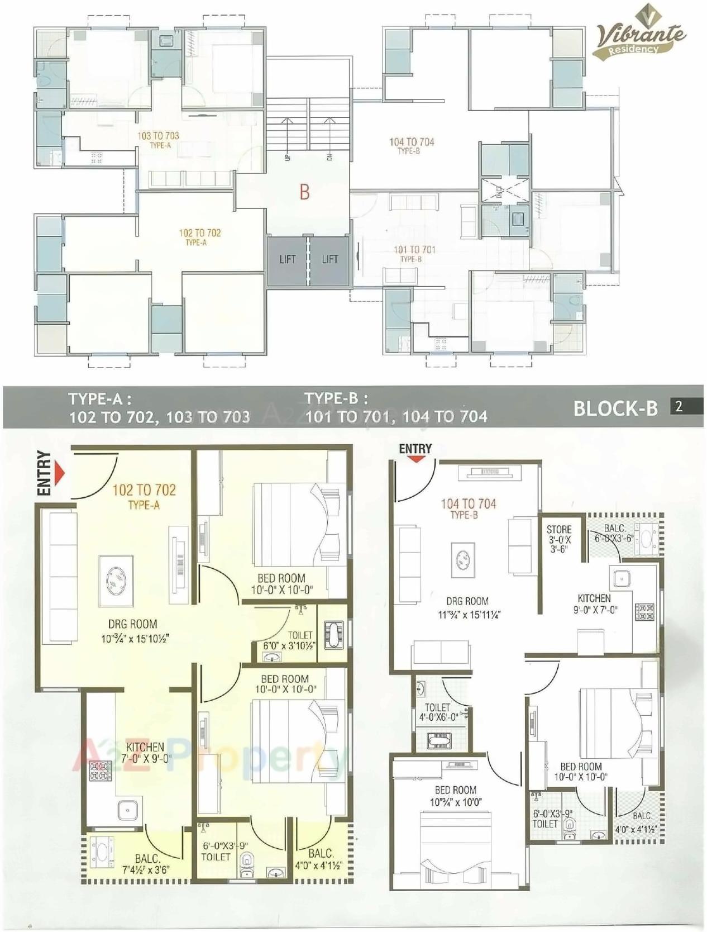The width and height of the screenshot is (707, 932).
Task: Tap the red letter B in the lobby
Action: [304, 192]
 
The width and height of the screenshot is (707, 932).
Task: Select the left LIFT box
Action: [288, 260]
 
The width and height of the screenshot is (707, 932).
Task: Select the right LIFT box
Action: [329, 260]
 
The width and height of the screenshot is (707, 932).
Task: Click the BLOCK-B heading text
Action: [615, 408]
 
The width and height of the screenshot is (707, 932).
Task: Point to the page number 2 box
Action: [679, 406]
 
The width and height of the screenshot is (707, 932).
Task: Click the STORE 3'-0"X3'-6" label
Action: [559, 539]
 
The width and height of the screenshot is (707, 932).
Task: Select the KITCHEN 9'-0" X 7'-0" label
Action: [594, 603]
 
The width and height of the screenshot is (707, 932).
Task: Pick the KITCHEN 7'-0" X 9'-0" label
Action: [145, 752]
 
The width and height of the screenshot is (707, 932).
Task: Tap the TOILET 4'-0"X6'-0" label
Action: [438, 712]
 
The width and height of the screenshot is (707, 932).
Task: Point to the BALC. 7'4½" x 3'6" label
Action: [147, 864]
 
